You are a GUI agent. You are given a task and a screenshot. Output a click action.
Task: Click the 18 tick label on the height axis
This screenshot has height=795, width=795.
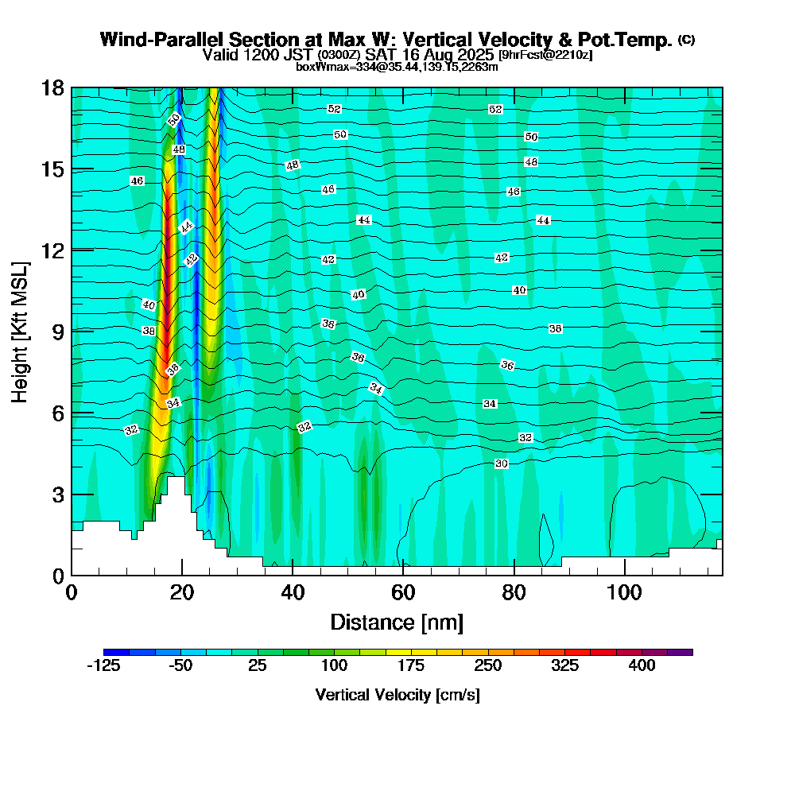[53, 87]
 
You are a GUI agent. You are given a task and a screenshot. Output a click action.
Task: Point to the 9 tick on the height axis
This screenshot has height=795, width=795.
[72, 331]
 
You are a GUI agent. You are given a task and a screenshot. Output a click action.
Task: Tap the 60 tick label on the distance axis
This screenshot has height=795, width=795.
[403, 593]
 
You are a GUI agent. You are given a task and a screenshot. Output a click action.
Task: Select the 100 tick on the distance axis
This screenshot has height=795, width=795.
[625, 575]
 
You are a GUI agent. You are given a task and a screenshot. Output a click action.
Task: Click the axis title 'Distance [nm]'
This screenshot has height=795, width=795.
[397, 622]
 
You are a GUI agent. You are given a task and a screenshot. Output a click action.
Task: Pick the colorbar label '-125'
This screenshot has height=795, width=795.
[103, 666]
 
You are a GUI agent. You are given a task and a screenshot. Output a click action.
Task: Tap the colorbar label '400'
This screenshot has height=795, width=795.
[642, 666]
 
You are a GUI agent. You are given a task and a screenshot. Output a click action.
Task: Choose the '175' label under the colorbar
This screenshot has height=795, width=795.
[411, 666]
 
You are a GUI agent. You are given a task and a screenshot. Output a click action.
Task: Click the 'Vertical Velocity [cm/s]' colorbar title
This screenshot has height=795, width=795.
[397, 695]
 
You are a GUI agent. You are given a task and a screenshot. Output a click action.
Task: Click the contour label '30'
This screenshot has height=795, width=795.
[501, 463]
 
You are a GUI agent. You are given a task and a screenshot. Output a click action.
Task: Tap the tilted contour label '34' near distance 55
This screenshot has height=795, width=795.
[377, 389]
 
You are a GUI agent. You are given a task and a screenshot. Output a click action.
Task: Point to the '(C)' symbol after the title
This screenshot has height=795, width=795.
[687, 40]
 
